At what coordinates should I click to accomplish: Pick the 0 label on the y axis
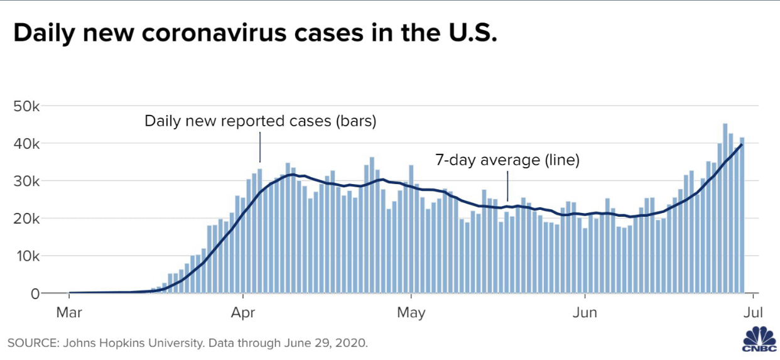pyautogui.click(x=35, y=293)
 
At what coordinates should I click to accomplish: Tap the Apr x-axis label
pyautogui.click(x=243, y=312)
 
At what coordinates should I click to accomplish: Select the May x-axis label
pyautogui.click(x=411, y=312)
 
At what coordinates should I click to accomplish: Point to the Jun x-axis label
pyautogui.click(x=585, y=312)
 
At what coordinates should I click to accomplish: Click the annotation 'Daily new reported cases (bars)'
pyautogui.click(x=260, y=121)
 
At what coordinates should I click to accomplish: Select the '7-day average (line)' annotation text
pyautogui.click(x=507, y=160)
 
